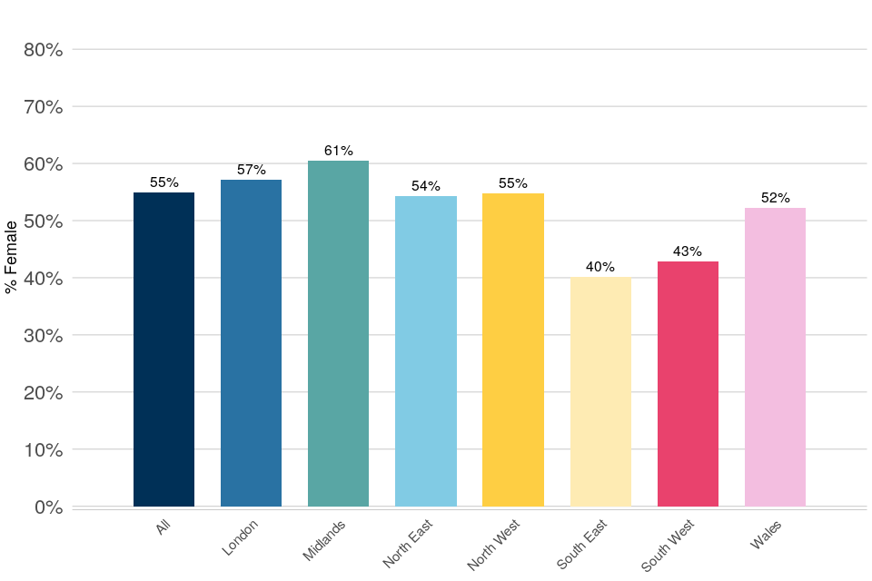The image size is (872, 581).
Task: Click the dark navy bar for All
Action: coord(163,350)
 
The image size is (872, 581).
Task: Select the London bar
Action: coord(251,343)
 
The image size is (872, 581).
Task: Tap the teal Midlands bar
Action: coord(338,333)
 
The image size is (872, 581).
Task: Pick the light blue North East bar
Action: coord(425,351)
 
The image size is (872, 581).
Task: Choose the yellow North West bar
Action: coord(512,350)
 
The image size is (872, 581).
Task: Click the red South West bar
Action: coord(688,384)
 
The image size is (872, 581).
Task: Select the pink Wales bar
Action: coord(775,357)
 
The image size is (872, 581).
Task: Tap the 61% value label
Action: coord(338,151)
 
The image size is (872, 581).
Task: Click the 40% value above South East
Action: coord(600,267)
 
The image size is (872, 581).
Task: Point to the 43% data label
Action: coord(688,251)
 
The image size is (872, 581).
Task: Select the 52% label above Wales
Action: coord(775,198)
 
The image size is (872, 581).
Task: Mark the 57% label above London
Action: coord(251,170)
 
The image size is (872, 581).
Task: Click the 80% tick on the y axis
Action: coord(43,50)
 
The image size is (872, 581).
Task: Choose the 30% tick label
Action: coord(43,335)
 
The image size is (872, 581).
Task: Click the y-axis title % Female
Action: coord(12,257)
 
